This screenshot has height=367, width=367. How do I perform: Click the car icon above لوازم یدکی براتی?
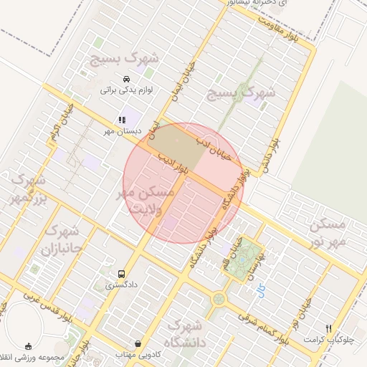(127, 79)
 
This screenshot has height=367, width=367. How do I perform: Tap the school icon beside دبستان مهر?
(121, 120)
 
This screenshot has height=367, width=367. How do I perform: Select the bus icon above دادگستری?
(120, 274)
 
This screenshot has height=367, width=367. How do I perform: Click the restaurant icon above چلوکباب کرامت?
(328, 328)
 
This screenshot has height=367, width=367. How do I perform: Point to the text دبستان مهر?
(99, 131)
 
